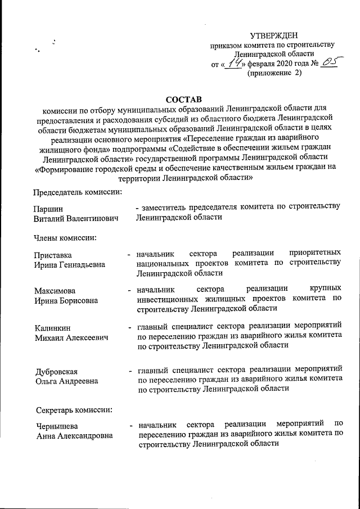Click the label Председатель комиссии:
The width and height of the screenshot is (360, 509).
77,192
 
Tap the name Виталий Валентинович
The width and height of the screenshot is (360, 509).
76,218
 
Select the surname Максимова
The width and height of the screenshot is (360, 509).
55,291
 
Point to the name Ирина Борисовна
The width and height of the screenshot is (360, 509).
65,300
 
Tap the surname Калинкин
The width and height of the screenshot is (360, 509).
53,327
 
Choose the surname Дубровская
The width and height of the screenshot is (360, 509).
56,371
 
